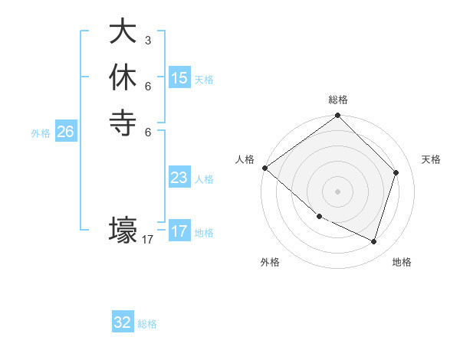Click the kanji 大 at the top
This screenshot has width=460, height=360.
coord(123,33)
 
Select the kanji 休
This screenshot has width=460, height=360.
coord(123,77)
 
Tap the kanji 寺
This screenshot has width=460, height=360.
coord(123,123)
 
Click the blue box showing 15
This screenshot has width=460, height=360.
coord(179,78)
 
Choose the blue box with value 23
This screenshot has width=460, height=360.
coord(179,178)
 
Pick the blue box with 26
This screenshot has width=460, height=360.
coord(66,132)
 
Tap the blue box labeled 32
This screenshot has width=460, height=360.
coord(123,322)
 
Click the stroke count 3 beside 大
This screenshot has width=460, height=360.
coord(147,41)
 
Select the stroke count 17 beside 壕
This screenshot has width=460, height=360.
coord(148,240)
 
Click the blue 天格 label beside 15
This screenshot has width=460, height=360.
coord(204,80)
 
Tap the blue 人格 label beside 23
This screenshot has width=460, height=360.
coord(204,179)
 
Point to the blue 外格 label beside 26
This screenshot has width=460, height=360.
coord(41,133)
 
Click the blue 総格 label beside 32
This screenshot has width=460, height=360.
coord(147,324)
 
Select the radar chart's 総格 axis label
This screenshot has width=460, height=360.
coord(338,100)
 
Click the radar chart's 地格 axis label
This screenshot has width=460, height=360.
coord(402,263)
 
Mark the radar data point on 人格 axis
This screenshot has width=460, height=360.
coord(264,168)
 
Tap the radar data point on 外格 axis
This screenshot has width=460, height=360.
coord(319,217)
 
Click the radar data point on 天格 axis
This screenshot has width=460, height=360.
coord(396,172)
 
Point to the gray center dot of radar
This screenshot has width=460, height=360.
coord(338,191)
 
